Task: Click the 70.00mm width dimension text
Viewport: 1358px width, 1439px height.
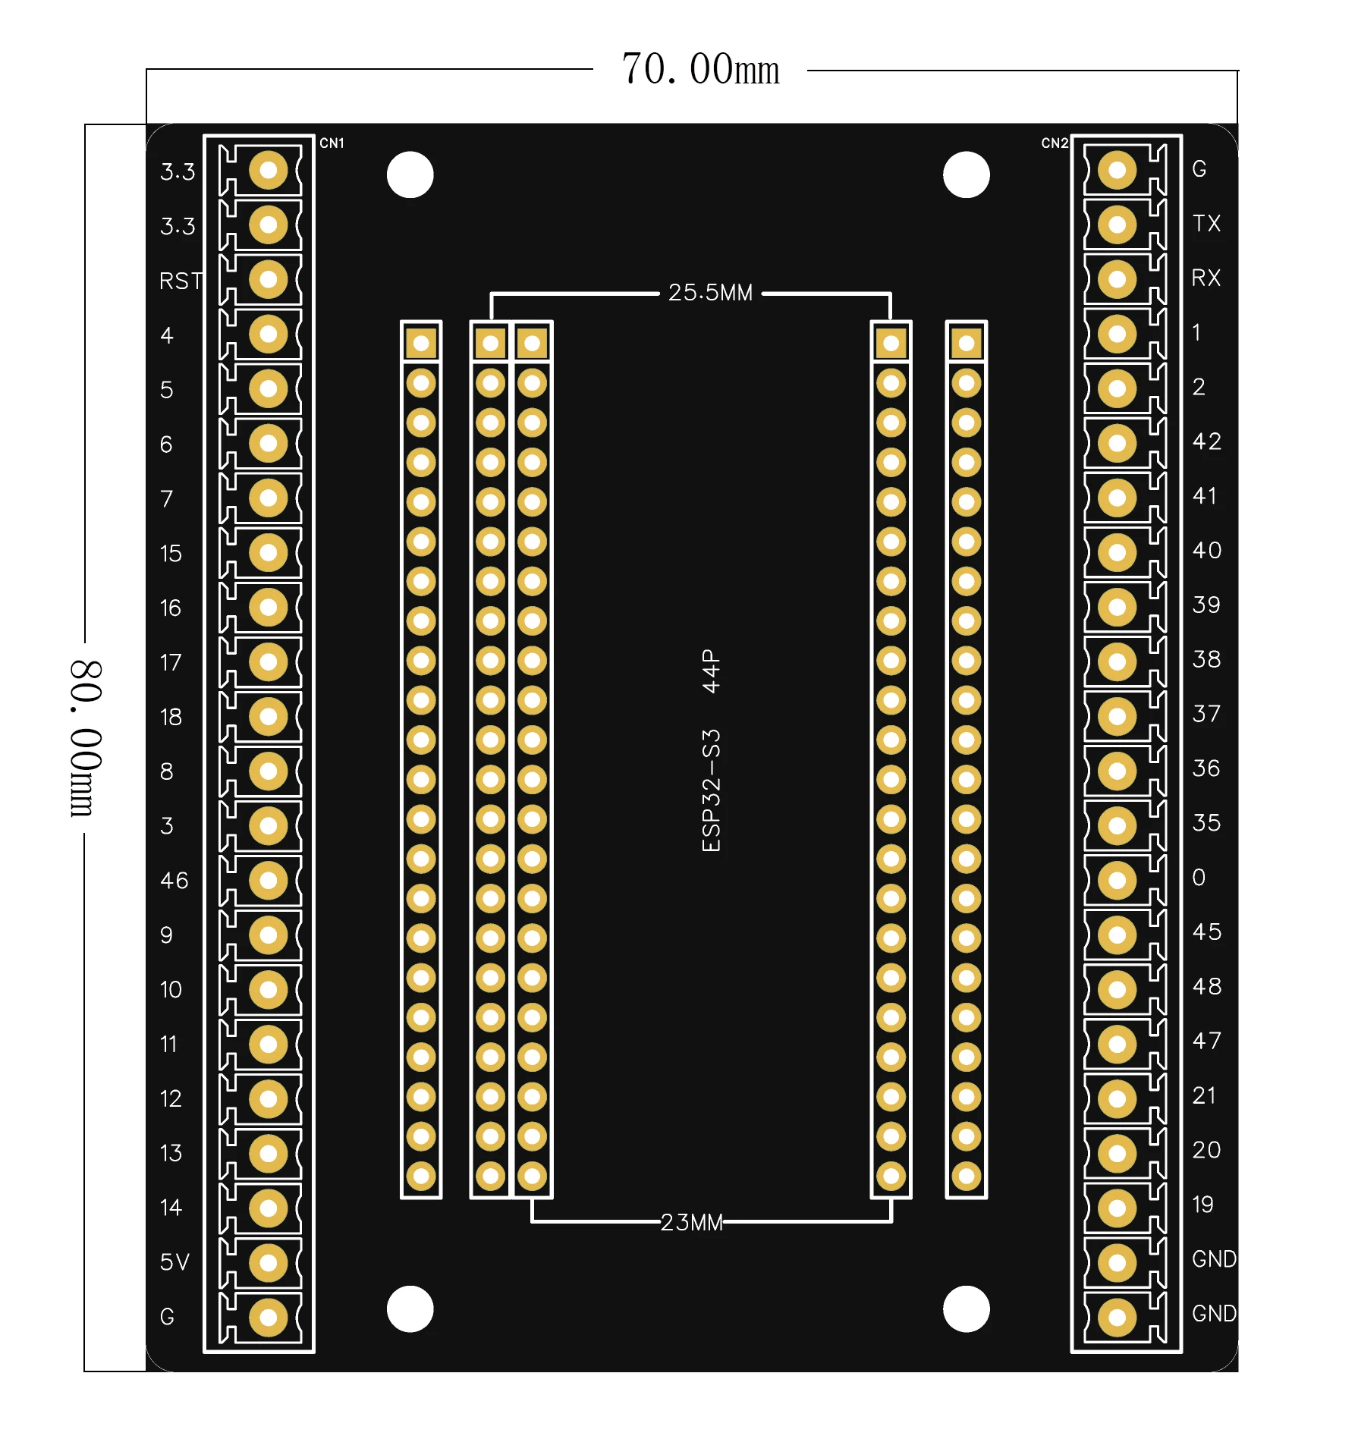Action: coord(699,70)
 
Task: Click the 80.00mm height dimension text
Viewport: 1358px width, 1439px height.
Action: coord(84,737)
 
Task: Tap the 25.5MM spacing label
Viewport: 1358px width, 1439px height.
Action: coord(710,293)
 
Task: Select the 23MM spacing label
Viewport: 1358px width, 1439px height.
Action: coord(691,1222)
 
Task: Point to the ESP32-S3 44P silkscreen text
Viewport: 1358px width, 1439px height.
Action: coord(711,750)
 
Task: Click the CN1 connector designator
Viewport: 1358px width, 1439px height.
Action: coord(332,143)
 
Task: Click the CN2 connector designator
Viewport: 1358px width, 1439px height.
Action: coord(1054,143)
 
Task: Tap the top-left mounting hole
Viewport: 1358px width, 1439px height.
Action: coord(410,175)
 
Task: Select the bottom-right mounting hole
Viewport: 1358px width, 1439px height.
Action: coord(966,1309)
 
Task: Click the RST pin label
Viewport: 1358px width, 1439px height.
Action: coord(181,281)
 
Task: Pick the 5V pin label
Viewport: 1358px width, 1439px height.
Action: coord(174,1261)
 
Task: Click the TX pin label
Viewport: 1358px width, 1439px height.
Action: coord(1206,224)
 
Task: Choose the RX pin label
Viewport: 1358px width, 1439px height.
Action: coord(1206,278)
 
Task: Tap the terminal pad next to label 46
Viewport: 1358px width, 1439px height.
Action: coord(268,880)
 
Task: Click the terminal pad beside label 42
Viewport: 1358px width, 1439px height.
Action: coord(1117,443)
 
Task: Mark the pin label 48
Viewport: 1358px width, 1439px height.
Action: coord(1206,986)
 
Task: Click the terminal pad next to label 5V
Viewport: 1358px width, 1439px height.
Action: coord(268,1262)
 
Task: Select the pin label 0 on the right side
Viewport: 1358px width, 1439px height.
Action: coord(1199,878)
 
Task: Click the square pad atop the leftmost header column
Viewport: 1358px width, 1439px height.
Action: coord(421,344)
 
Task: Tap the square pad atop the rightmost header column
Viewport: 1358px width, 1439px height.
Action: coord(966,344)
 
